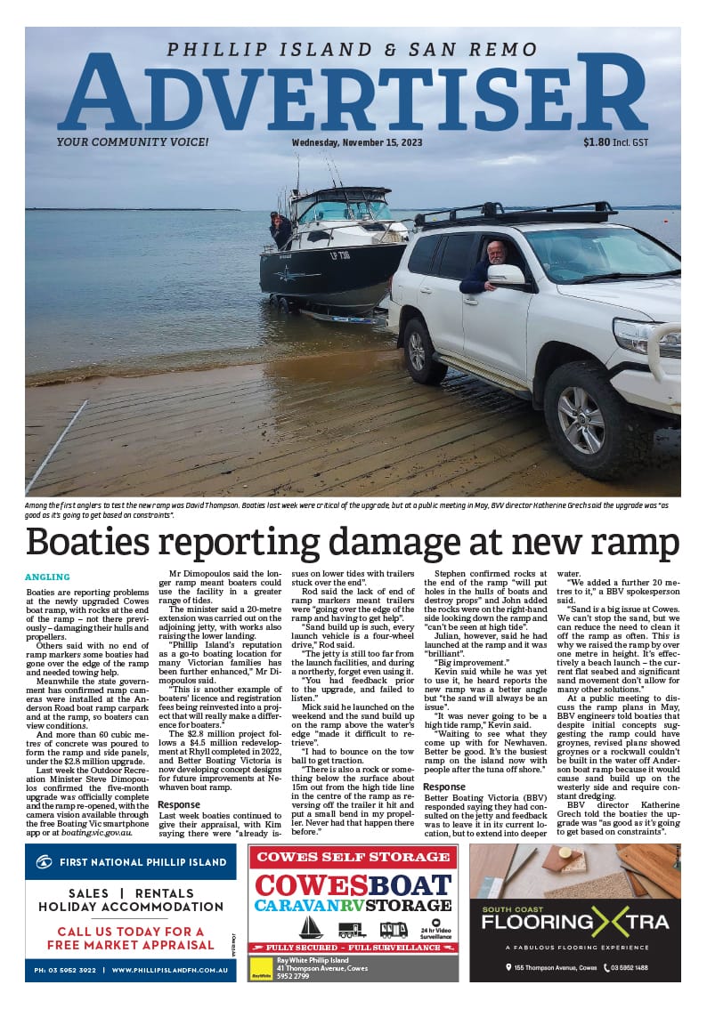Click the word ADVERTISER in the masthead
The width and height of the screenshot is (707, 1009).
pos(353,95)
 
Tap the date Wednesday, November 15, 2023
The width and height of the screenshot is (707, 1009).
pos(357,142)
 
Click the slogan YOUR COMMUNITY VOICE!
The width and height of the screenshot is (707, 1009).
pos(133,142)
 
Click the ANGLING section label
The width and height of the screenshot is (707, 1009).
pos(47,577)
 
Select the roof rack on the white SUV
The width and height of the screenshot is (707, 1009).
pos(516,214)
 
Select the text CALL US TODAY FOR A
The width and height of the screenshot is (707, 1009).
pos(131,932)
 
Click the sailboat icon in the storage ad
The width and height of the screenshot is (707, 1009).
pos(311,928)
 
